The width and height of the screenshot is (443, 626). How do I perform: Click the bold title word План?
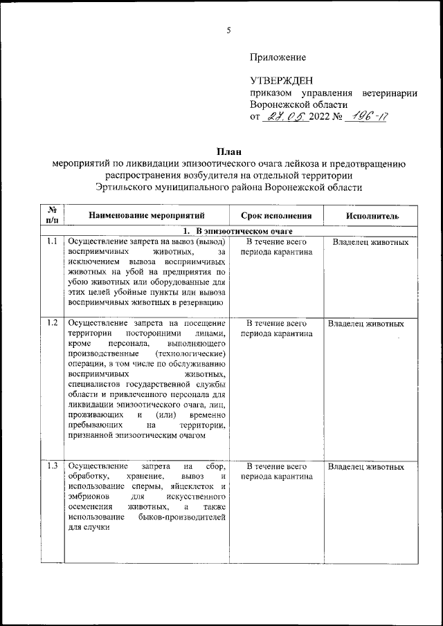pos(228,151)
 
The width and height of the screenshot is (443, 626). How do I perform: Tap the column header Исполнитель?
pos(372,216)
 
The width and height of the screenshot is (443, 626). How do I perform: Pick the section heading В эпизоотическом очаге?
pos(244,230)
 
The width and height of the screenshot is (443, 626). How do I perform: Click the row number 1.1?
pos(51,242)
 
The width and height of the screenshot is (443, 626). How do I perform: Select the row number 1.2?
pos(51,323)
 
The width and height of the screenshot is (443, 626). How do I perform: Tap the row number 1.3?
pos(51,466)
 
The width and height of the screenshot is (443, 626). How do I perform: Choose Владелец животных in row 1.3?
pos(366,467)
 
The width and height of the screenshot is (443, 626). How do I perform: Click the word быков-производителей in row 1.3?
pos(185,517)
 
